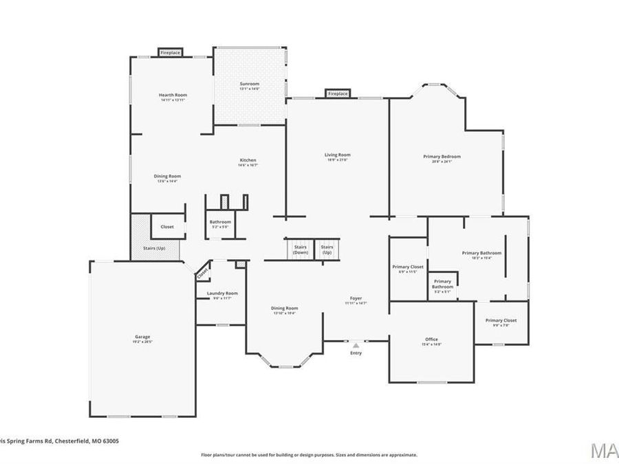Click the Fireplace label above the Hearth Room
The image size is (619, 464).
click(x=171, y=52)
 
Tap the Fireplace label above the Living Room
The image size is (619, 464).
click(x=338, y=93)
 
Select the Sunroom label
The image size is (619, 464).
click(x=249, y=84)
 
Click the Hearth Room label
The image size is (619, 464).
click(x=173, y=95)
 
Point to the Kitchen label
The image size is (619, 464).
click(x=248, y=160)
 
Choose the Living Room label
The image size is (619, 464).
click(x=338, y=155)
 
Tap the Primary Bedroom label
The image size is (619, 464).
click(x=442, y=157)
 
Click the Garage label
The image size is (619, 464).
click(x=142, y=338)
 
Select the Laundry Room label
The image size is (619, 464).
click(x=222, y=294)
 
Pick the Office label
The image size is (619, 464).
click(x=432, y=340)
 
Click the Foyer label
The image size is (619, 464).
click(x=356, y=298)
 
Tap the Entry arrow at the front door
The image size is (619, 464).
click(x=356, y=346)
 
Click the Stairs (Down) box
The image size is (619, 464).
click(x=301, y=249)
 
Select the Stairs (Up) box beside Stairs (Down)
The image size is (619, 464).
click(x=327, y=249)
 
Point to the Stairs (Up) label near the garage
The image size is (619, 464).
click(x=154, y=247)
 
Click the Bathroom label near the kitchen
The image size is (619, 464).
click(x=220, y=222)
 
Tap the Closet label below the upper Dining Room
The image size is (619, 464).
click(x=167, y=226)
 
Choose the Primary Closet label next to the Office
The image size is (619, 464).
click(x=501, y=320)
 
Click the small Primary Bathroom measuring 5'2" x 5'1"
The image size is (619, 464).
click(x=442, y=284)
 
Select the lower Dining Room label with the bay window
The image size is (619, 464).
click(x=284, y=308)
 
